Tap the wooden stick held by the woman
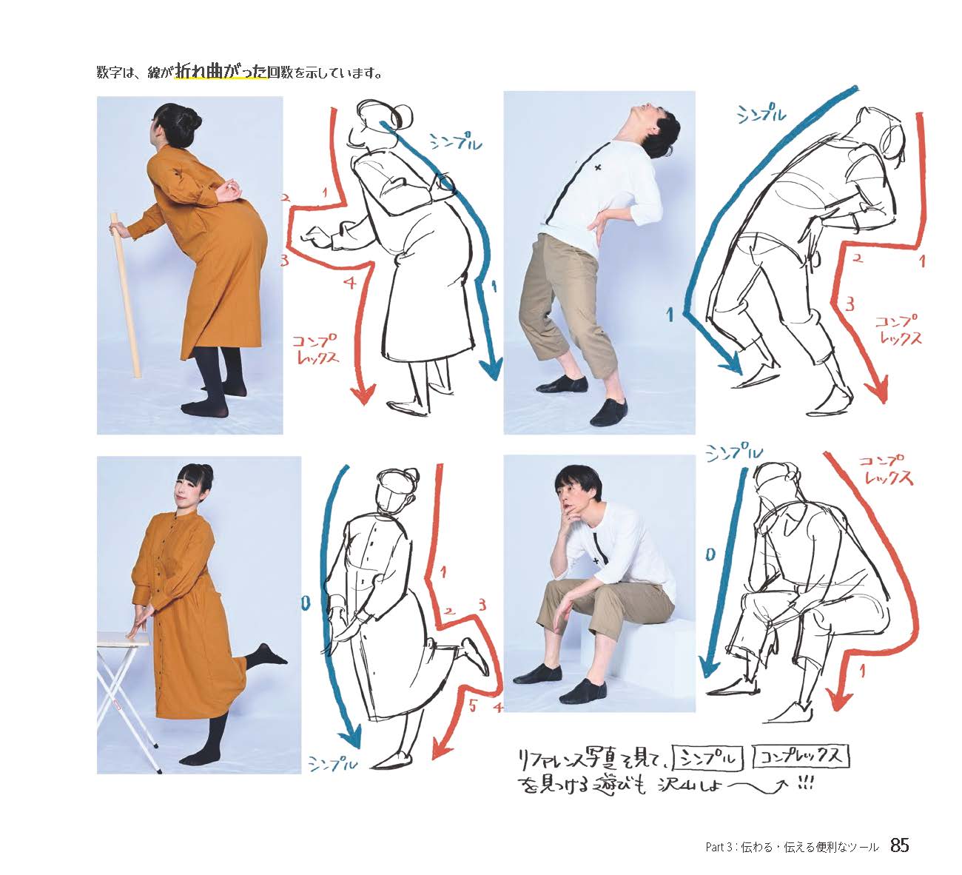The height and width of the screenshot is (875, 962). tap(126, 295)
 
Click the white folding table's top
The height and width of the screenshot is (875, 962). tap(123, 639)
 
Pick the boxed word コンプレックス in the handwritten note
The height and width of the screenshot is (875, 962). tap(801, 757)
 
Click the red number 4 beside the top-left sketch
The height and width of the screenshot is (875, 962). tap(350, 283)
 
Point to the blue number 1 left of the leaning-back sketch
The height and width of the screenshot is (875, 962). tap(670, 315)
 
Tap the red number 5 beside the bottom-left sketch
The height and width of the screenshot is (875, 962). tap(473, 705)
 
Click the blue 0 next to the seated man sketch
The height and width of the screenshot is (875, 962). tap(710, 555)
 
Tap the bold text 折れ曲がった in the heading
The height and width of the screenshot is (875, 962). tap(221, 72)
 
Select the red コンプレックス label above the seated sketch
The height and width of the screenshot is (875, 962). tap(885, 469)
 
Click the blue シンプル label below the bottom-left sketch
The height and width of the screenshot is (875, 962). tap(333, 762)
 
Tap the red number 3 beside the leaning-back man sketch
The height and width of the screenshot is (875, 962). tap(850, 304)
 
